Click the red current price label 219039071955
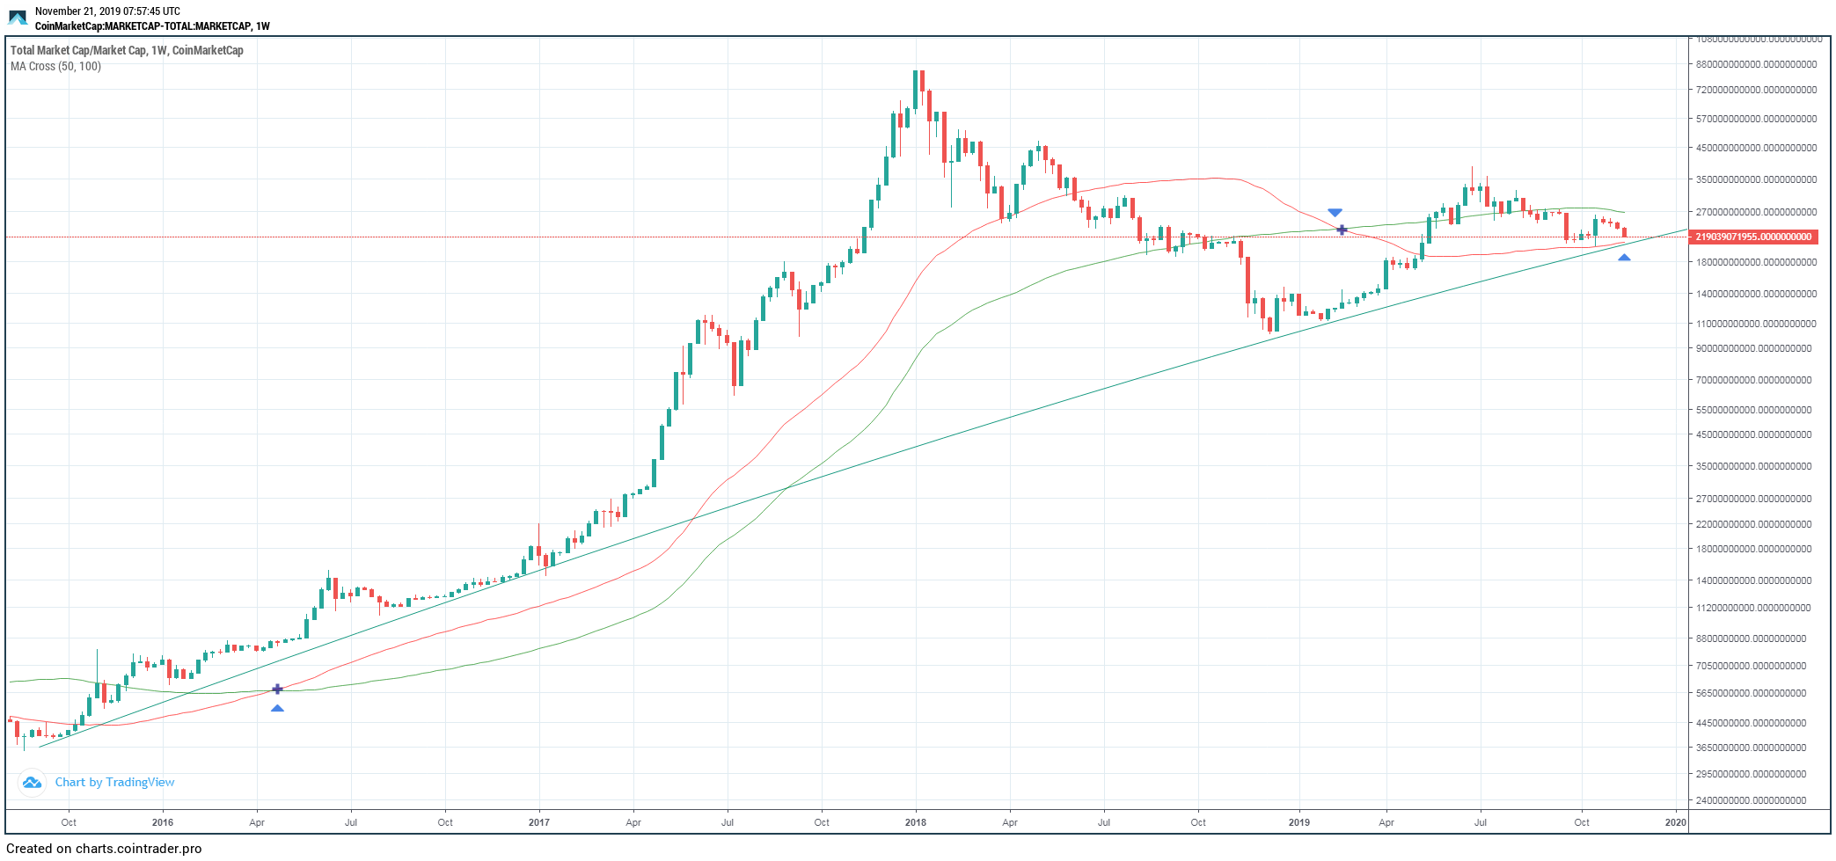pyautogui.click(x=1753, y=237)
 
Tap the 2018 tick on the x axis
pyautogui.click(x=916, y=822)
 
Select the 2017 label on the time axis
pyautogui.click(x=539, y=822)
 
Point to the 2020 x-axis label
pyautogui.click(x=1676, y=822)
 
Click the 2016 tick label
pyautogui.click(x=163, y=822)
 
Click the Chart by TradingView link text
pyautogui.click(x=114, y=782)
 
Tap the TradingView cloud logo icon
pyautogui.click(x=32, y=782)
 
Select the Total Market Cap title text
pyautogui.click(x=127, y=50)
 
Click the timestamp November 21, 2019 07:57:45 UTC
pyautogui.click(x=107, y=11)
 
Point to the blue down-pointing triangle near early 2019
pyautogui.click(x=1335, y=213)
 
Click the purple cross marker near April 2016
pyautogui.click(x=277, y=689)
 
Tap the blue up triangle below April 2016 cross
pyautogui.click(x=277, y=708)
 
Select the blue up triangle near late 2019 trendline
pyautogui.click(x=1624, y=258)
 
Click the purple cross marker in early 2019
pyautogui.click(x=1342, y=230)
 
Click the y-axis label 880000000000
pyautogui.click(x=1756, y=64)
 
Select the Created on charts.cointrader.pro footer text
pyautogui.click(x=104, y=849)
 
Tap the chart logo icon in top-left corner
pyautogui.click(x=18, y=18)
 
